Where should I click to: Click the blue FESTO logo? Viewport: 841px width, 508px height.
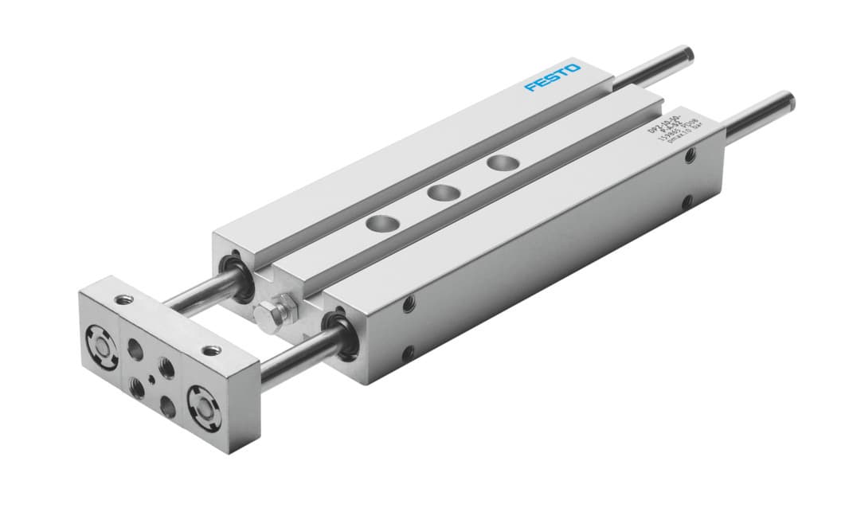click(553, 76)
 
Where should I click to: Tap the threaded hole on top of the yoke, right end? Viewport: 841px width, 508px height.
click(210, 350)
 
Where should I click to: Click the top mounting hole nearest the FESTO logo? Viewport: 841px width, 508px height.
click(502, 162)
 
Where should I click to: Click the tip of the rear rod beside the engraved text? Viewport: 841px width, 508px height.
click(787, 104)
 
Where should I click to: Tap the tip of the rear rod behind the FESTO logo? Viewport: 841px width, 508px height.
click(686, 55)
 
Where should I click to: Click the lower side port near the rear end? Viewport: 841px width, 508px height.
click(686, 204)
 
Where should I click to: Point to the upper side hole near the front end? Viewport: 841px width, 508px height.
click(409, 303)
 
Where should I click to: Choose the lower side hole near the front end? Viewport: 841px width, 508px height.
click(408, 353)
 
